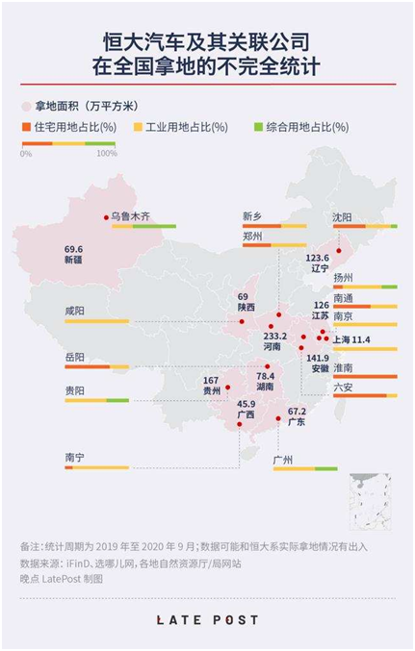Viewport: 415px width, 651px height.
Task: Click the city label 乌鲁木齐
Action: [130, 216]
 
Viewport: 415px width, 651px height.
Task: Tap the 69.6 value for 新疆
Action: [74, 248]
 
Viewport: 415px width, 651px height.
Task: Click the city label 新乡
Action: [252, 215]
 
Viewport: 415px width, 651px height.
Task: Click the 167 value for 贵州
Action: [211, 381]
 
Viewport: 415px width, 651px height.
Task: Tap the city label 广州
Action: [283, 460]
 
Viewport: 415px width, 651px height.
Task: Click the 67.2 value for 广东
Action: [297, 412]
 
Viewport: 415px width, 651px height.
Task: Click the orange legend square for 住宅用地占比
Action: [27, 126]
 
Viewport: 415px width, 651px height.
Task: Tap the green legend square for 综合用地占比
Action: [258, 126]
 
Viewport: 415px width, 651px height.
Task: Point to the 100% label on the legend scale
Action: [107, 154]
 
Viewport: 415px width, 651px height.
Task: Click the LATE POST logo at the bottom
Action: [207, 620]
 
